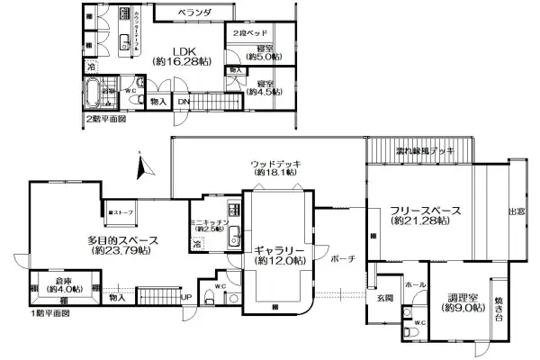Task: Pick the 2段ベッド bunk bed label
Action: (248, 32)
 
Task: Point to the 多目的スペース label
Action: (124, 239)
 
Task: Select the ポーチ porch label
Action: (343, 258)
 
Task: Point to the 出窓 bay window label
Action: (518, 211)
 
